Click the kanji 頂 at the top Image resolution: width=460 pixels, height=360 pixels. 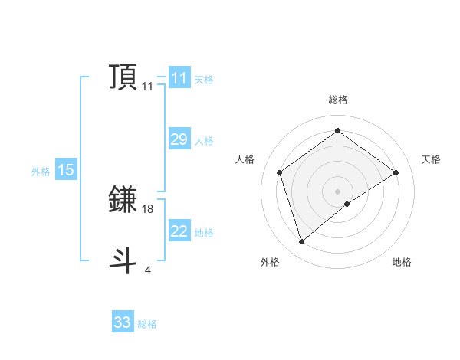click(123, 77)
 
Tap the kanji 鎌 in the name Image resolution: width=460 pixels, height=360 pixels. click(123, 200)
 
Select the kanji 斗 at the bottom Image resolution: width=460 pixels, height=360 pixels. click(123, 260)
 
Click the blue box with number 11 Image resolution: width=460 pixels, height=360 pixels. click(179, 78)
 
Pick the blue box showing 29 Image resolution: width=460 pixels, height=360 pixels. click(179, 139)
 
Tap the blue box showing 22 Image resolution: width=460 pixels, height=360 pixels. click(179, 231)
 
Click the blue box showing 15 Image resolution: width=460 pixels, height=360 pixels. click(65, 170)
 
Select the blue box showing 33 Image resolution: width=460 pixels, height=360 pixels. click(122, 322)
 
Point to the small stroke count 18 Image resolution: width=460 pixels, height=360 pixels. click(148, 208)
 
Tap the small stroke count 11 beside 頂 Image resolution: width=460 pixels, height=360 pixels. click(147, 87)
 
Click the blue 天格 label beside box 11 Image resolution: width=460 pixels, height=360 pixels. click(203, 80)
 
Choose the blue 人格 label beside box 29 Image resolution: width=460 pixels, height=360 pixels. click(203, 141)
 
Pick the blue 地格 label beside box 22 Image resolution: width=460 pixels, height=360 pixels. click(203, 233)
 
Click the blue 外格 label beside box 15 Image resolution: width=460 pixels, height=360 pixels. click(41, 172)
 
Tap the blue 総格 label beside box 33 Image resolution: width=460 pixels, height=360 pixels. click(147, 324)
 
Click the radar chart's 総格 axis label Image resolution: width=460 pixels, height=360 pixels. click(337, 100)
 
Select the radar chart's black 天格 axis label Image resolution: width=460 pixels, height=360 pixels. click(431, 159)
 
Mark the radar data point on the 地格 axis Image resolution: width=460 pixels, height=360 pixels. click(347, 204)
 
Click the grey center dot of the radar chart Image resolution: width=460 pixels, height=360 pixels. click(337, 191)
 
